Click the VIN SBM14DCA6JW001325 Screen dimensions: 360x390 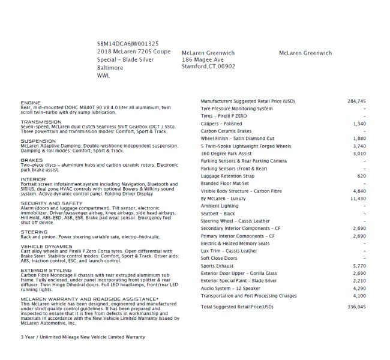tap(127, 44)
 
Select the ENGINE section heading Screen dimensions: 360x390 tap(31, 103)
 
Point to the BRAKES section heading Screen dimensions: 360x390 tap(31, 160)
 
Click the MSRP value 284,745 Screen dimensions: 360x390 tap(356, 101)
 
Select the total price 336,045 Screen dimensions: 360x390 tap(356, 306)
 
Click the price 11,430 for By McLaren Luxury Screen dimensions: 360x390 tap(358, 197)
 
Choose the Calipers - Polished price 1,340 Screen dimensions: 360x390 tap(359, 123)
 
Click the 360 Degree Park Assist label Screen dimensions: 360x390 tap(227, 153)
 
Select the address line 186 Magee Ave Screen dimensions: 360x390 tap(202, 60)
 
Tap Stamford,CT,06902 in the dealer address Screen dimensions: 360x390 tap(208, 67)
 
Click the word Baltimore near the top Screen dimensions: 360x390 tap(110, 68)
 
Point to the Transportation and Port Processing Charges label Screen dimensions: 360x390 tap(248, 295)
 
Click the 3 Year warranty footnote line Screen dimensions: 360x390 tap(82, 337)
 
